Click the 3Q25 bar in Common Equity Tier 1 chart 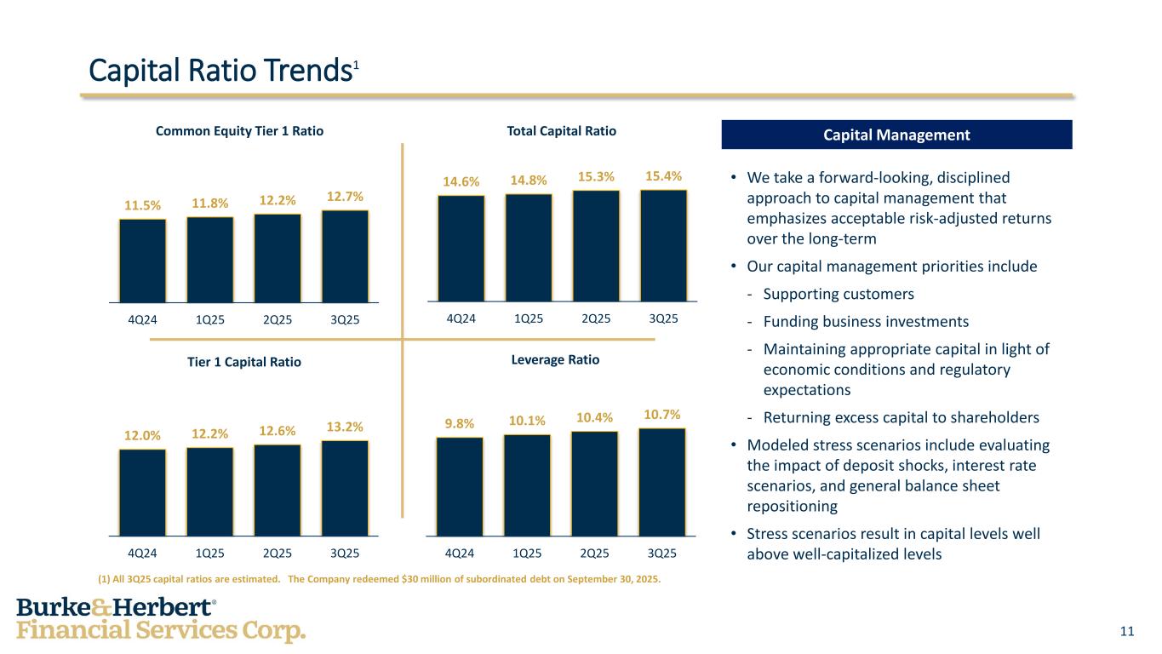click(345, 255)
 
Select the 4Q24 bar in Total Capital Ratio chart click(461, 248)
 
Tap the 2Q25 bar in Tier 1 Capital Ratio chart click(278, 490)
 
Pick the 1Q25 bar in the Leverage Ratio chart click(527, 485)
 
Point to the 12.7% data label click(345, 197)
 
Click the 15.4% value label click(663, 176)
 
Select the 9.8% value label click(460, 423)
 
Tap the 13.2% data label click(345, 427)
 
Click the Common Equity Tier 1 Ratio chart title click(239, 131)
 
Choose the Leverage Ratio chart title click(555, 360)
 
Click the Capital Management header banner click(896, 135)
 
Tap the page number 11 click(1127, 631)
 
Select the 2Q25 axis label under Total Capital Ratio click(596, 319)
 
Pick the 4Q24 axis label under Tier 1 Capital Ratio click(143, 553)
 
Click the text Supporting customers click(838, 294)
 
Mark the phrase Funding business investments click(865, 322)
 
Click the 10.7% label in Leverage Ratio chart click(662, 415)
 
